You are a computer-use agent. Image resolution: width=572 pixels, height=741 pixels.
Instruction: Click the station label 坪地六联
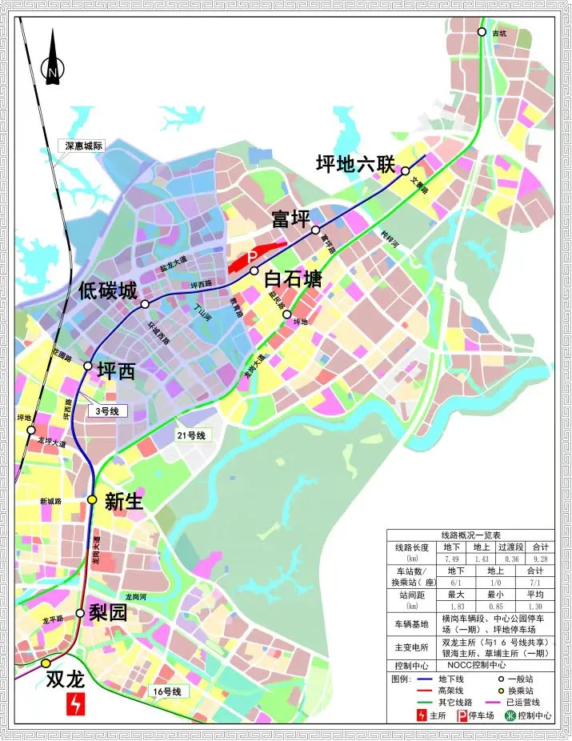click(x=355, y=166)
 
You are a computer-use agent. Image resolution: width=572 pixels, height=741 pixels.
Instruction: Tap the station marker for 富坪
click(x=316, y=230)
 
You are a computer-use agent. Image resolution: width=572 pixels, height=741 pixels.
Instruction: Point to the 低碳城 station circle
click(x=145, y=304)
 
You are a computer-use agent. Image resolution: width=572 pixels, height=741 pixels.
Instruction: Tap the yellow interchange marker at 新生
click(x=92, y=499)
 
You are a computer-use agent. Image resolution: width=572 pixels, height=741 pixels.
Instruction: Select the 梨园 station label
click(x=109, y=613)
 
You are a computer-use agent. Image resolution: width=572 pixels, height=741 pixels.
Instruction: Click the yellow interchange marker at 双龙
click(x=46, y=663)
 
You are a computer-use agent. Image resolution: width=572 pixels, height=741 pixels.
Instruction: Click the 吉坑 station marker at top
click(x=482, y=33)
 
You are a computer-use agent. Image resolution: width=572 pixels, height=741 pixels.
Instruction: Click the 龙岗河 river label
click(x=138, y=598)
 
